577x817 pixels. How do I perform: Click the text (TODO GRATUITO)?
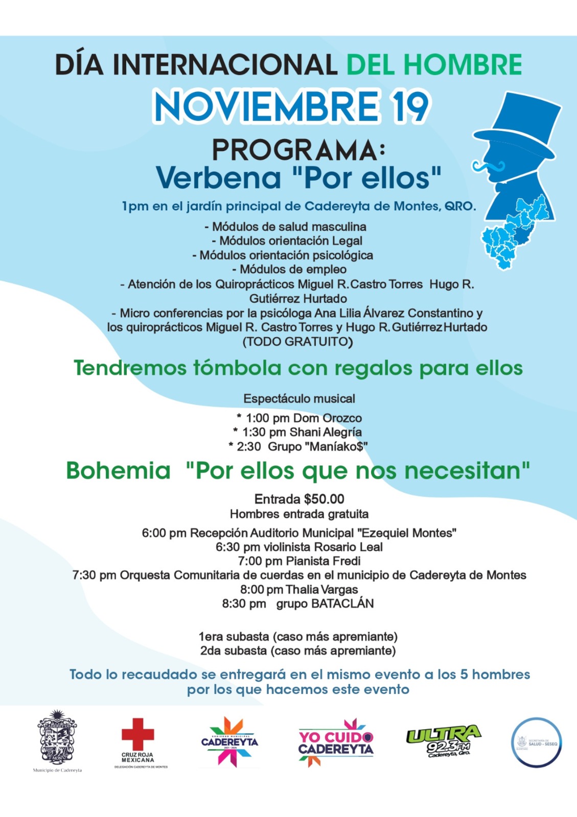pyautogui.click(x=298, y=342)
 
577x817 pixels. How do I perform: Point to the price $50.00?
pyautogui.click(x=324, y=499)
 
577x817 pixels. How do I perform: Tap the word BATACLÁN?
pyautogui.click(x=342, y=604)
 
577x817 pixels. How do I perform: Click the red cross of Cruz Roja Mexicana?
pyautogui.click(x=137, y=734)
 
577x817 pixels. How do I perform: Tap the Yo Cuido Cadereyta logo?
pyautogui.click(x=336, y=743)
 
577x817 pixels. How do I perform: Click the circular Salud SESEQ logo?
pyautogui.click(x=537, y=742)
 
